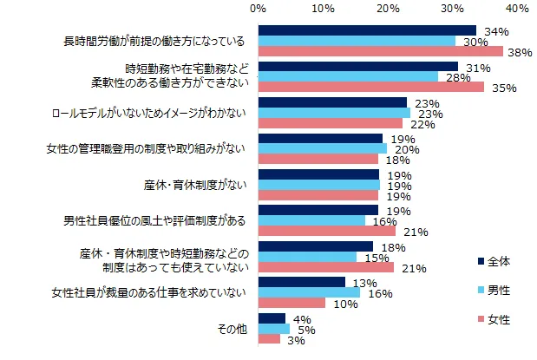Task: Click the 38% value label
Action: coord(521,52)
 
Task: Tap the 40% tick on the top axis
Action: coord(518,9)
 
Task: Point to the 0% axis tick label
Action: coord(259,9)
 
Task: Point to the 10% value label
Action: coord(338,303)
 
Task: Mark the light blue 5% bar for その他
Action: coord(274,328)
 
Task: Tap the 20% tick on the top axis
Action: coord(388,9)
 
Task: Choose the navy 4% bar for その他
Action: coord(272,317)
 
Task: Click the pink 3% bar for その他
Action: coord(269,338)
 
